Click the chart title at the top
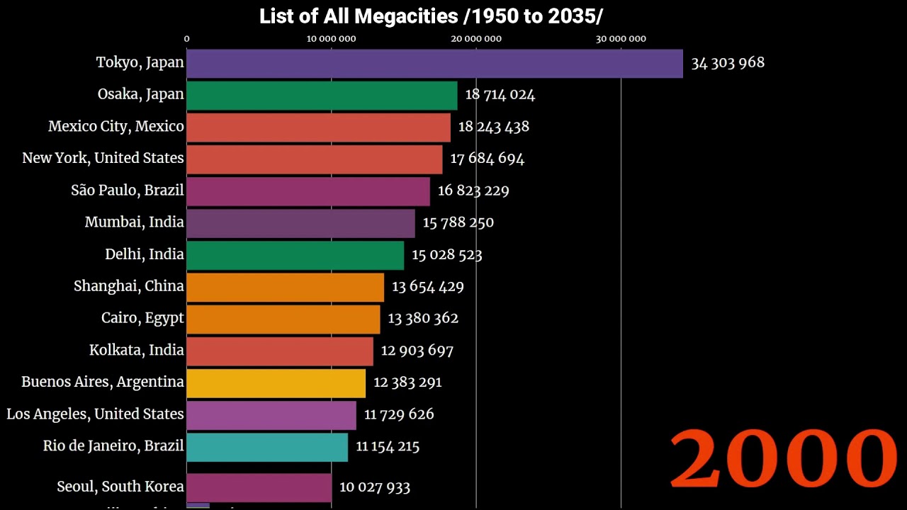point(431,16)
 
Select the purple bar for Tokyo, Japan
point(434,63)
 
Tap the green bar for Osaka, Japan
point(322,95)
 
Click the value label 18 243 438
point(493,127)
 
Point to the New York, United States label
point(103,158)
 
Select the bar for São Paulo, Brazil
point(308,191)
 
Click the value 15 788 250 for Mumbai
point(458,222)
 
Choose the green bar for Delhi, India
point(295,255)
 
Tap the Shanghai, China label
point(128,286)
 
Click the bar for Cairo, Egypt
point(283,319)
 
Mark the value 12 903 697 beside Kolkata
point(417,350)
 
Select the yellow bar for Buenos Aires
point(276,382)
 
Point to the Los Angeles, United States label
point(95,414)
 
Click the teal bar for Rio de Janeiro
point(267,447)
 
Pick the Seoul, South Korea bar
point(259,487)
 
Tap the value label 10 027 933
point(374,487)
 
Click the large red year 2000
point(783,458)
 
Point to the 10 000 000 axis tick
point(331,39)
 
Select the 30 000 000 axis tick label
point(621,39)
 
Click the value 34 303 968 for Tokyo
point(728,63)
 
